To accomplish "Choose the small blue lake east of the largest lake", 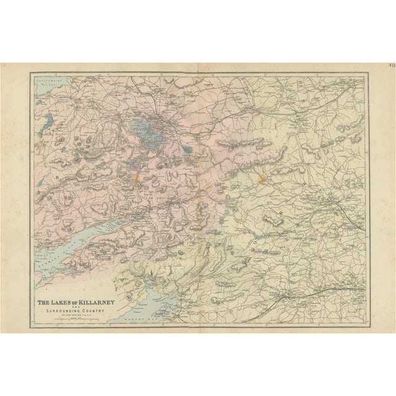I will click(186, 148).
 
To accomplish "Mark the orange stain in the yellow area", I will click(262, 179).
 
